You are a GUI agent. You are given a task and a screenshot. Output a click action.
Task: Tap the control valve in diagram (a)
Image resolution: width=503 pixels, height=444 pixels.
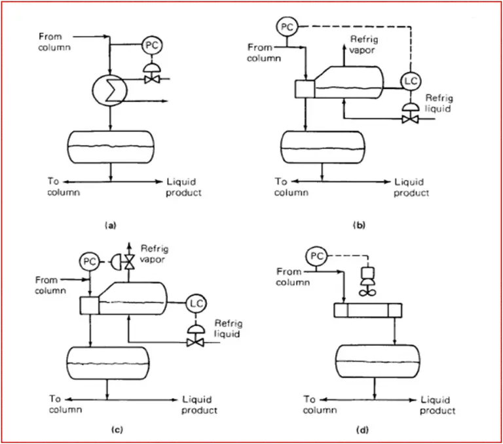pos(152,77)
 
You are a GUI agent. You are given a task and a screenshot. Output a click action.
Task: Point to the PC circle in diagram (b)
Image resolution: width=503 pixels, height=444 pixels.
pos(286,26)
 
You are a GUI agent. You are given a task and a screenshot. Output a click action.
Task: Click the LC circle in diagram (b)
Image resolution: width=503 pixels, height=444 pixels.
pos(411,80)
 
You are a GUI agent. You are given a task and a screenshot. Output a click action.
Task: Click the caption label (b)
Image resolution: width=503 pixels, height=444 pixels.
pos(359,225)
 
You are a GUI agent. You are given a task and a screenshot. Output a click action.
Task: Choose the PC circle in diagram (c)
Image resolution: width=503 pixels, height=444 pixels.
pos(89,261)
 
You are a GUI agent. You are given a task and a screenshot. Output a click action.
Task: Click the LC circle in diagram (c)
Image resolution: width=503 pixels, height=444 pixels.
pos(195,303)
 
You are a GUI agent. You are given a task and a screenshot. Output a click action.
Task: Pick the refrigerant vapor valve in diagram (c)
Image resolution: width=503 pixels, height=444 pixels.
pos(129,261)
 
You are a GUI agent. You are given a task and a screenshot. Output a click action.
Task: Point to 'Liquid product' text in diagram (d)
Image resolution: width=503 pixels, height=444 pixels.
pos(438,405)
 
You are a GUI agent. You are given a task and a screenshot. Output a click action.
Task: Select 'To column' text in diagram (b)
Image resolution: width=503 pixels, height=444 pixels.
pos(289,187)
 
